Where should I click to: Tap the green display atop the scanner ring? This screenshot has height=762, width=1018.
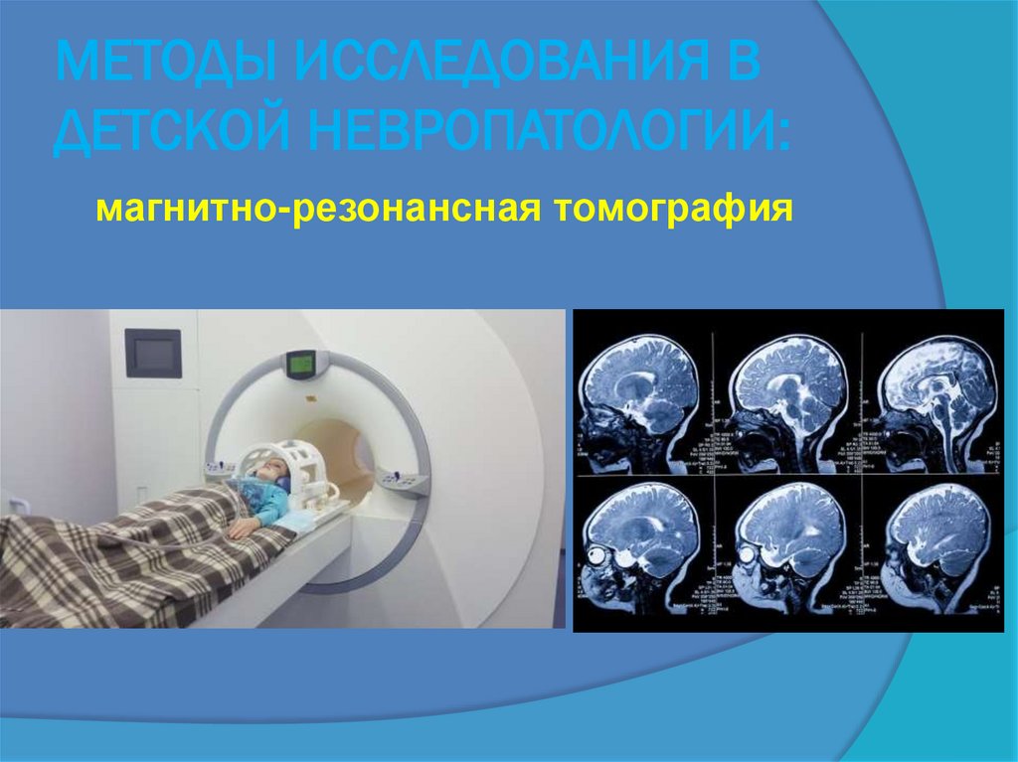click(x=299, y=364)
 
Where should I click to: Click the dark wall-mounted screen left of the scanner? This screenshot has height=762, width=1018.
click(x=152, y=353)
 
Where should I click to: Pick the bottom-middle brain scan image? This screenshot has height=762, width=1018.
click(x=791, y=546)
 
